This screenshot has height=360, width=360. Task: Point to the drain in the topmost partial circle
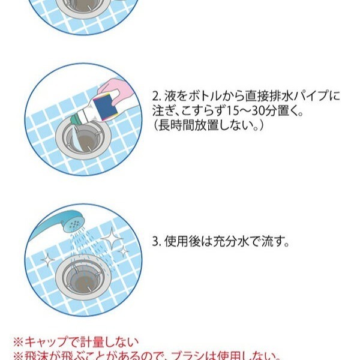pos(85,6)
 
